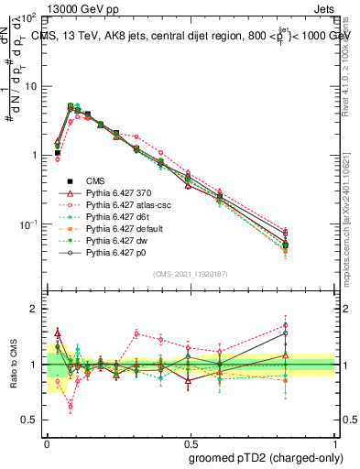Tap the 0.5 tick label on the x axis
point(191,442)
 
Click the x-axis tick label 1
point(335,442)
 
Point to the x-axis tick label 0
point(47,442)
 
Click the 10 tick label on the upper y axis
point(30,86)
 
